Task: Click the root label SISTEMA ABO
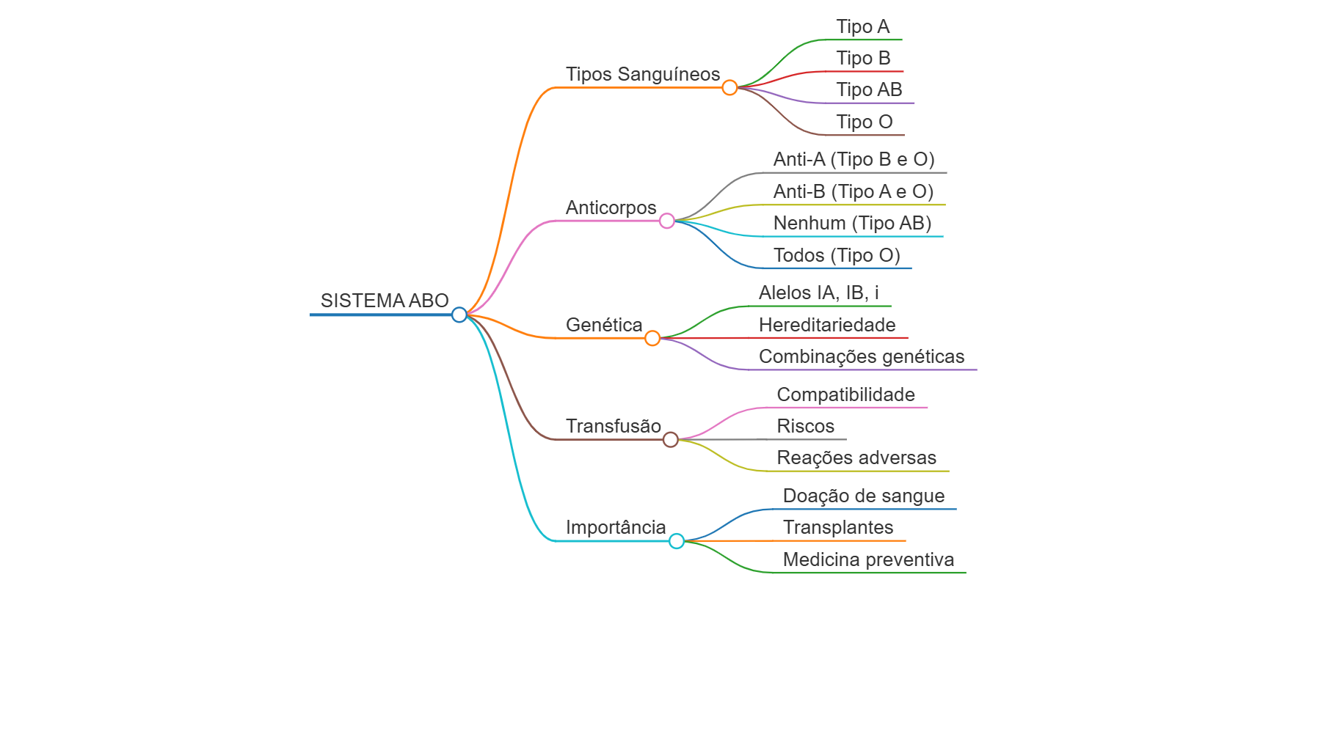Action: pos(385,301)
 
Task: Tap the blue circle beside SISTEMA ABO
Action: pos(459,315)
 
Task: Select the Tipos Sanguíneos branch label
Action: pos(643,74)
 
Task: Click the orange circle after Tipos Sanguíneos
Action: pos(729,88)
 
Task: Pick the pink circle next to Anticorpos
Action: pos(667,221)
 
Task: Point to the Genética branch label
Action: pos(604,325)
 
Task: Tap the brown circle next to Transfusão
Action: pos(671,439)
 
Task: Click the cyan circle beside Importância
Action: pos(677,541)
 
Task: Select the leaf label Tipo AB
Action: pos(869,89)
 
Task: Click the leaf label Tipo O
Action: pos(865,122)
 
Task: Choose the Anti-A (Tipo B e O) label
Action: pos(854,159)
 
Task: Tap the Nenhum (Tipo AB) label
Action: pos(853,223)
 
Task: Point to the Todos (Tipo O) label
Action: pos(837,255)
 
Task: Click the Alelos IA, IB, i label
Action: pos(819,293)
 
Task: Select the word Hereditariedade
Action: pos(827,325)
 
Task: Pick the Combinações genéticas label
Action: pos(862,356)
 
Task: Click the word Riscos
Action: pos(806,426)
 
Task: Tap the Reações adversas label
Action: pos(856,458)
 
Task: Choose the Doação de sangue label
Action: pos(864,496)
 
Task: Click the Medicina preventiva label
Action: pos(869,559)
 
